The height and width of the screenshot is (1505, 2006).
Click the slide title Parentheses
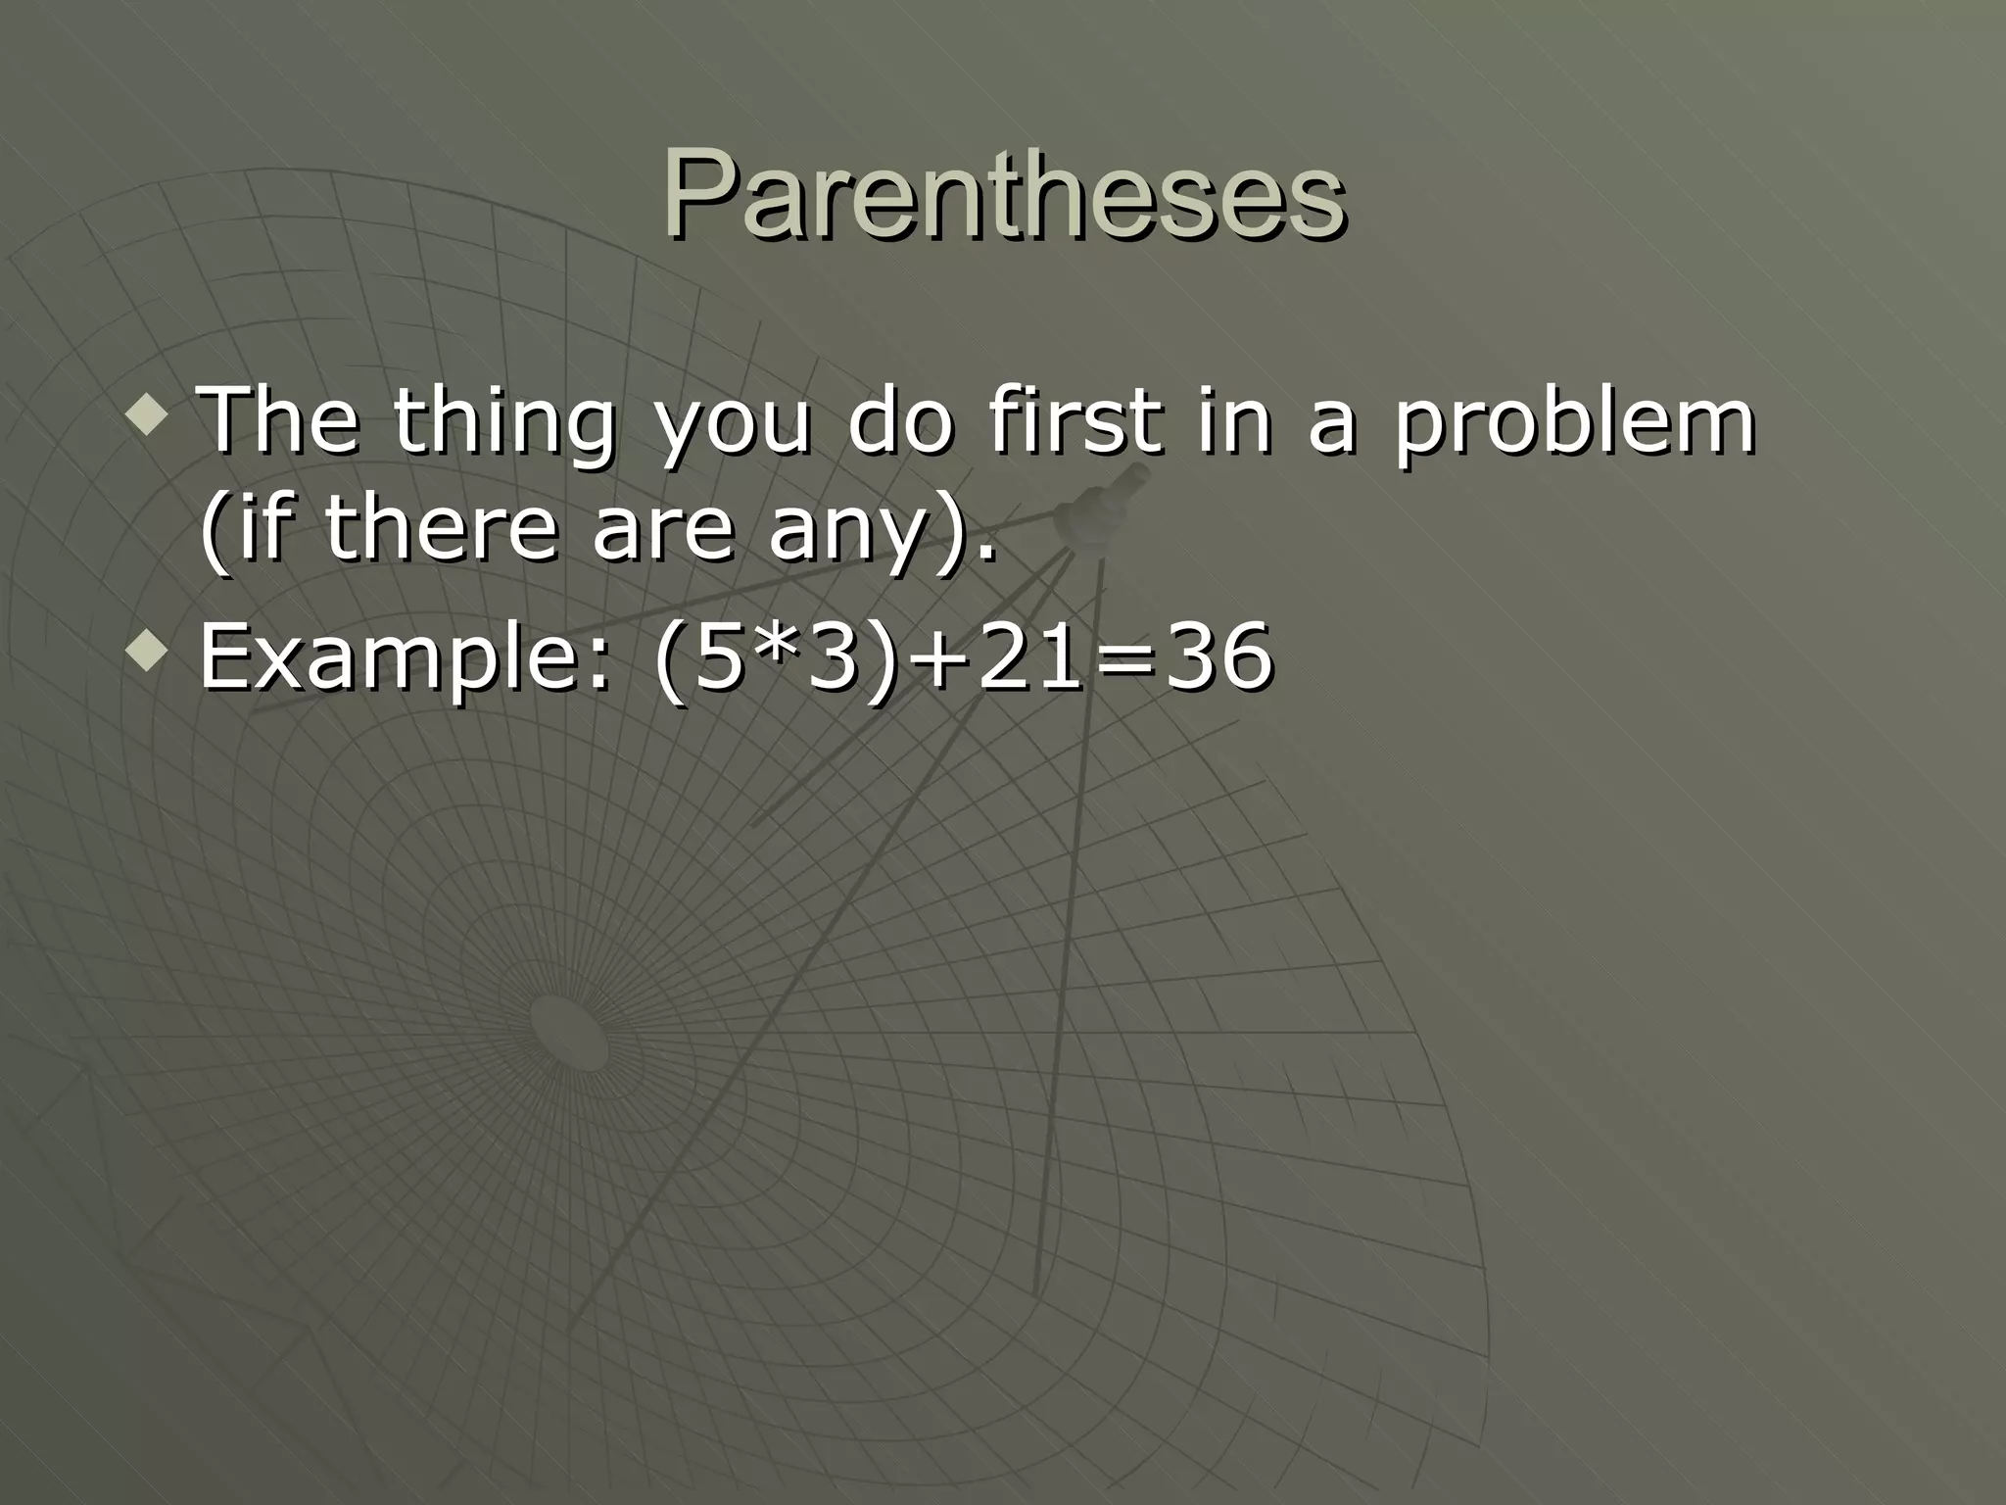(1003, 196)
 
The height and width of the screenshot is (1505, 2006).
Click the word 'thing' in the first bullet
(504, 423)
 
